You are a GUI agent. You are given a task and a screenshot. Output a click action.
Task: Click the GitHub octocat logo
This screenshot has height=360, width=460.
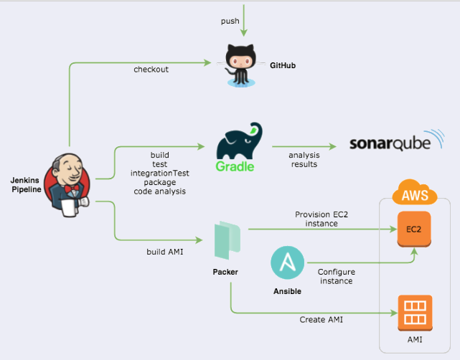pyautogui.click(x=242, y=66)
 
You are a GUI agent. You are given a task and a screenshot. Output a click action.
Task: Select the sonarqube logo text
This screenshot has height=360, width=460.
pyautogui.click(x=391, y=143)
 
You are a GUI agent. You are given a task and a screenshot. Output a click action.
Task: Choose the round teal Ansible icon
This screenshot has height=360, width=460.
pyautogui.click(x=287, y=264)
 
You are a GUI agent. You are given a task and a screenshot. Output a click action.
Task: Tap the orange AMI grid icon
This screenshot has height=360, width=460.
pyautogui.click(x=414, y=313)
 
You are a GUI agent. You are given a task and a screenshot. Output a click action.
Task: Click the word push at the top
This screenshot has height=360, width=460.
pyautogui.click(x=230, y=22)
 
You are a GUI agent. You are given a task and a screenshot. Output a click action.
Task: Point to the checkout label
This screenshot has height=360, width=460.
pyautogui.click(x=151, y=70)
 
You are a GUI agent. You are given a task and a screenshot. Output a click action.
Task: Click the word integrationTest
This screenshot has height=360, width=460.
pyautogui.click(x=159, y=174)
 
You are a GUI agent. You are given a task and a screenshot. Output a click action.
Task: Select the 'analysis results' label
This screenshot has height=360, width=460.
pyautogui.click(x=304, y=159)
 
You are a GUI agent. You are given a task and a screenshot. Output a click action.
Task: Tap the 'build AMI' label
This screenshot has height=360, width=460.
pyautogui.click(x=164, y=252)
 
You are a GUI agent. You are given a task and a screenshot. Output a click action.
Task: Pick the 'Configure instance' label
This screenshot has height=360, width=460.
pyautogui.click(x=336, y=276)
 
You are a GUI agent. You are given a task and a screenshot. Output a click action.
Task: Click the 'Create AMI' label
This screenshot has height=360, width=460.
pyautogui.click(x=321, y=319)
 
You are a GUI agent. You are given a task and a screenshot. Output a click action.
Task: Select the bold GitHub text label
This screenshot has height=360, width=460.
pyautogui.click(x=283, y=65)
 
